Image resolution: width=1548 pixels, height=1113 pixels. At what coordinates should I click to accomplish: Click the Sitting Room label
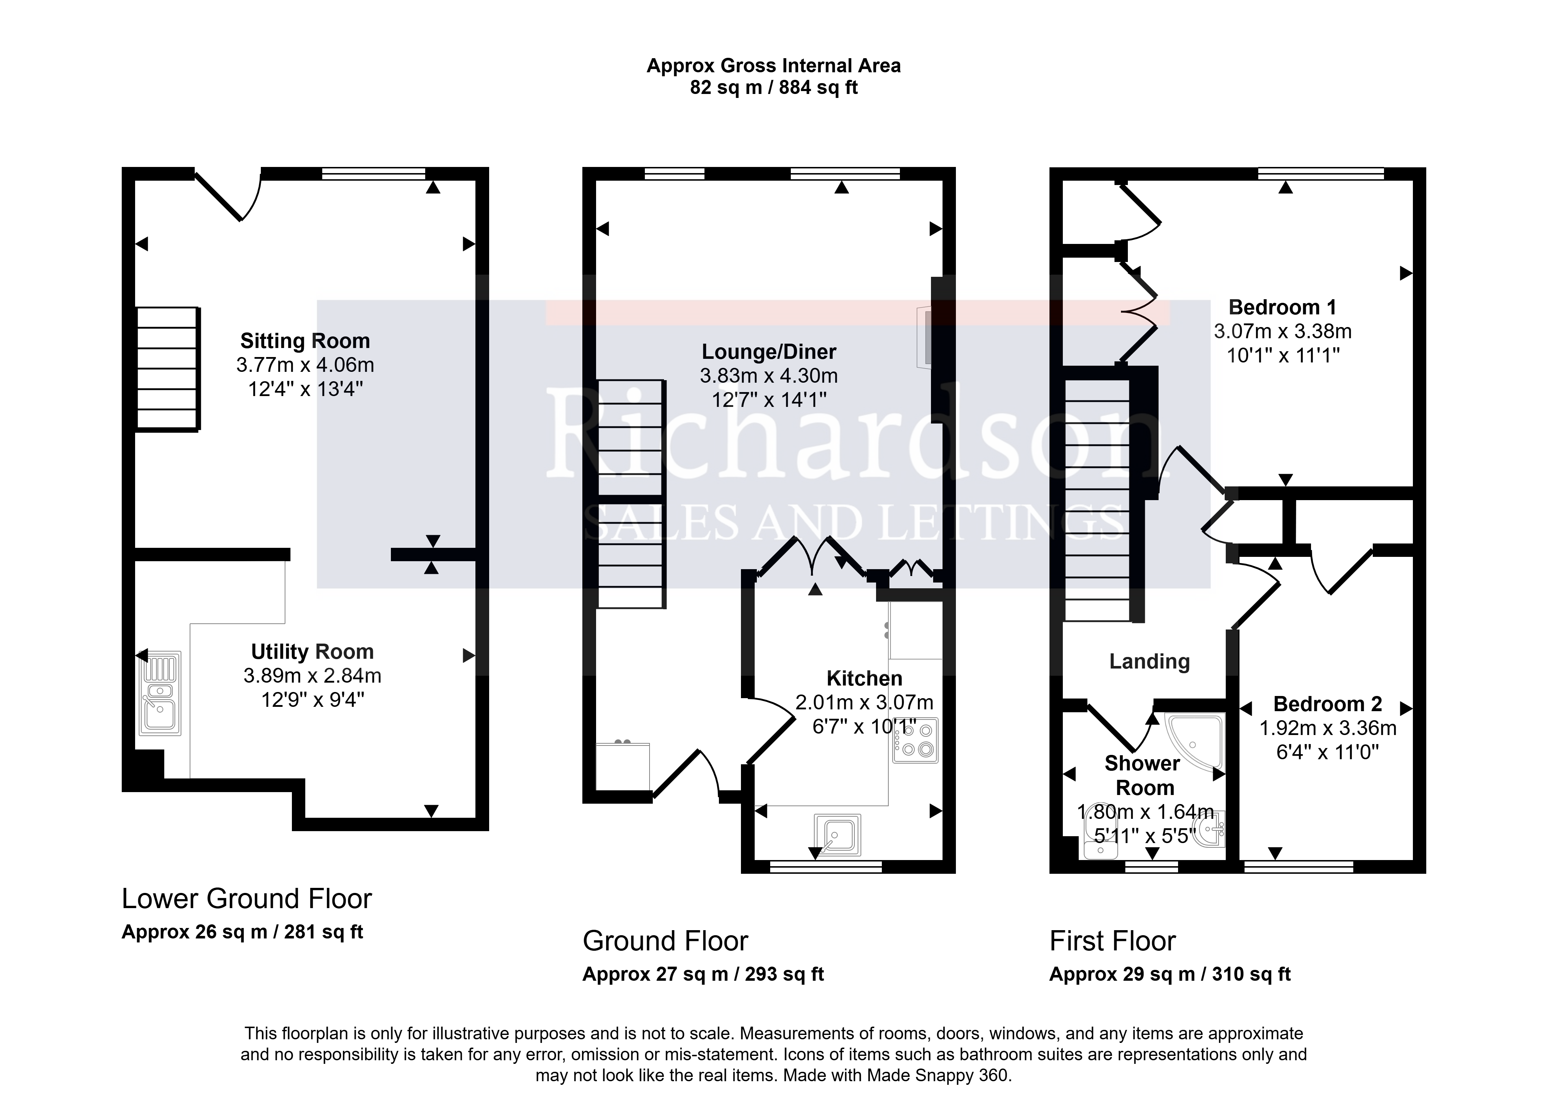[x=305, y=341]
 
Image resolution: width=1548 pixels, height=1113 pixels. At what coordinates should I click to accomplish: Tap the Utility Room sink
[x=160, y=693]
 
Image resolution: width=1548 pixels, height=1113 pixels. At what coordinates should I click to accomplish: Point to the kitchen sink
[x=837, y=834]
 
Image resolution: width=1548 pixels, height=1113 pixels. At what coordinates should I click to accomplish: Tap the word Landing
[x=1150, y=661]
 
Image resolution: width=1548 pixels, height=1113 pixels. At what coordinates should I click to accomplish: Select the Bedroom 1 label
[x=1282, y=307]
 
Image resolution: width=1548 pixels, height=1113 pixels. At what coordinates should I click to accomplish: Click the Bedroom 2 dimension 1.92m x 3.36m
[x=1328, y=728]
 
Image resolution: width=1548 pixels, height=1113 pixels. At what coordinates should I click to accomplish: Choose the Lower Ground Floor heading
[x=246, y=899]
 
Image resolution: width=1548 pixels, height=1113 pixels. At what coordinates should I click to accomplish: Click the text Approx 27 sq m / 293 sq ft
[x=703, y=974]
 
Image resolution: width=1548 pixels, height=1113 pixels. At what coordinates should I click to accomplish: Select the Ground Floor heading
[x=665, y=941]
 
